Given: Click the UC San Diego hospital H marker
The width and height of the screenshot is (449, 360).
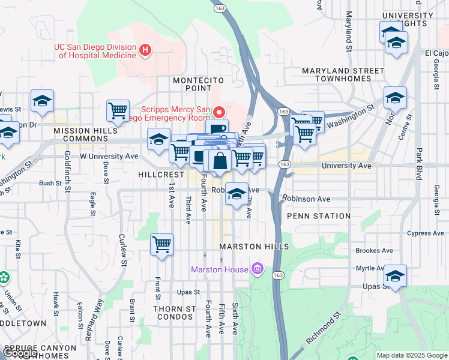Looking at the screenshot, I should point(144,50).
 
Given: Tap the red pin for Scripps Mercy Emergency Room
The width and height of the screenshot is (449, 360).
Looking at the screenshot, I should point(220,112).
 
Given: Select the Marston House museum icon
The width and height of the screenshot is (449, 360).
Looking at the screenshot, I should point(258,269).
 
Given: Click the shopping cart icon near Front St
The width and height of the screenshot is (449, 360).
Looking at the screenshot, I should point(161,245).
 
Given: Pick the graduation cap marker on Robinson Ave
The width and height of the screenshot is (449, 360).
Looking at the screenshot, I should point(237,194).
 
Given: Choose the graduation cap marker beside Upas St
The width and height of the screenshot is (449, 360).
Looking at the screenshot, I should point(395,276).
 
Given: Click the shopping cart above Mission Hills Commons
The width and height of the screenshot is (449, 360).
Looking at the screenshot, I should point(118,111).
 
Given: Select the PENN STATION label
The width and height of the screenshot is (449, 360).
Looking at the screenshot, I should point(319,215).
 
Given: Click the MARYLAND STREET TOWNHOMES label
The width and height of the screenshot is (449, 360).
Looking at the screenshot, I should point(343,74).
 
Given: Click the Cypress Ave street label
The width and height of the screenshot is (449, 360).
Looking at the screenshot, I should point(427,233).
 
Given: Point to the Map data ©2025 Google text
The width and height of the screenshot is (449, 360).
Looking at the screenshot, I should point(411,355).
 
